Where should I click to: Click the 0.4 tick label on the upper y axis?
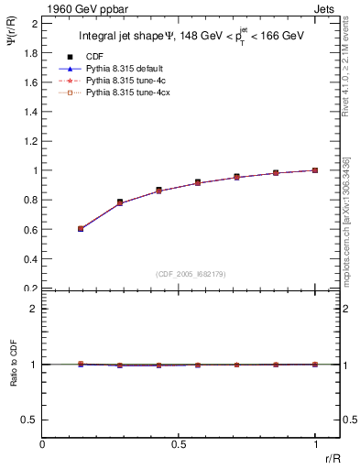click(x=30, y=258)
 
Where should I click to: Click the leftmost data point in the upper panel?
click(x=81, y=228)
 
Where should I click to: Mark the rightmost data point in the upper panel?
click(x=315, y=169)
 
